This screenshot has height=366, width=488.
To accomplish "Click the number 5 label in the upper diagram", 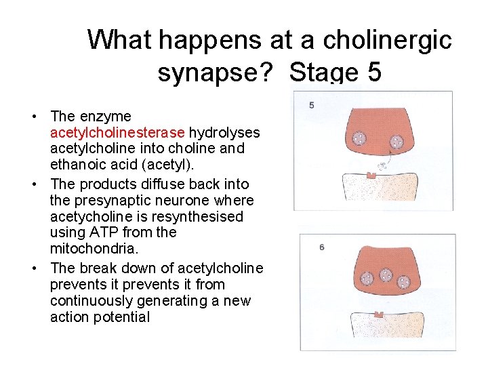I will point(311,105).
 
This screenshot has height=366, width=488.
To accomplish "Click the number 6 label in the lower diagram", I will point(321,247).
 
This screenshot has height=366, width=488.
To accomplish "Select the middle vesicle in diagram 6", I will point(386,274).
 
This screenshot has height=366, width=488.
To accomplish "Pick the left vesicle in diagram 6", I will point(367,279).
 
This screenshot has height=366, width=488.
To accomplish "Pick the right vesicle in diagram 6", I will point(403,281).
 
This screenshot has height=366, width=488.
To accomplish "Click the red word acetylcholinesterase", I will point(118,132).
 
